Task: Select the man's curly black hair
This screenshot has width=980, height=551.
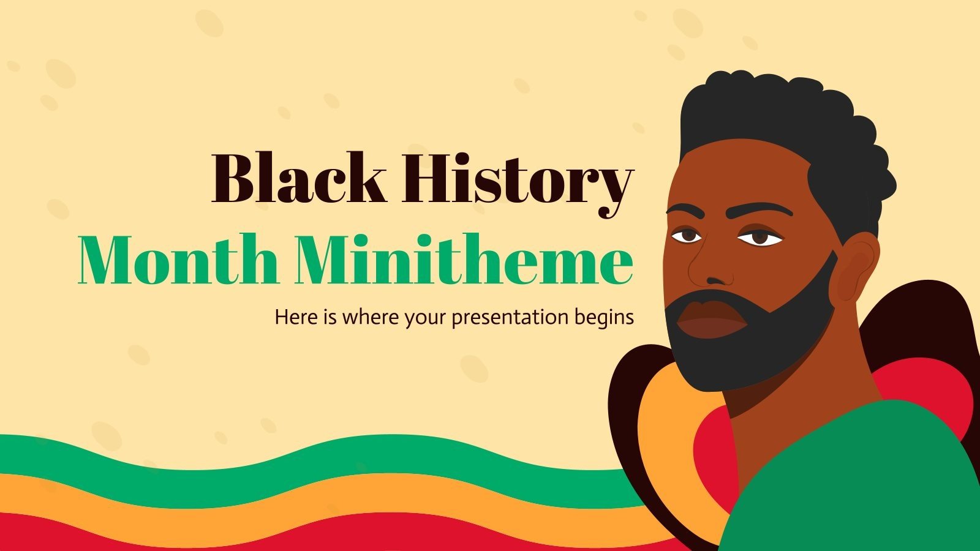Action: [x=784, y=129]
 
